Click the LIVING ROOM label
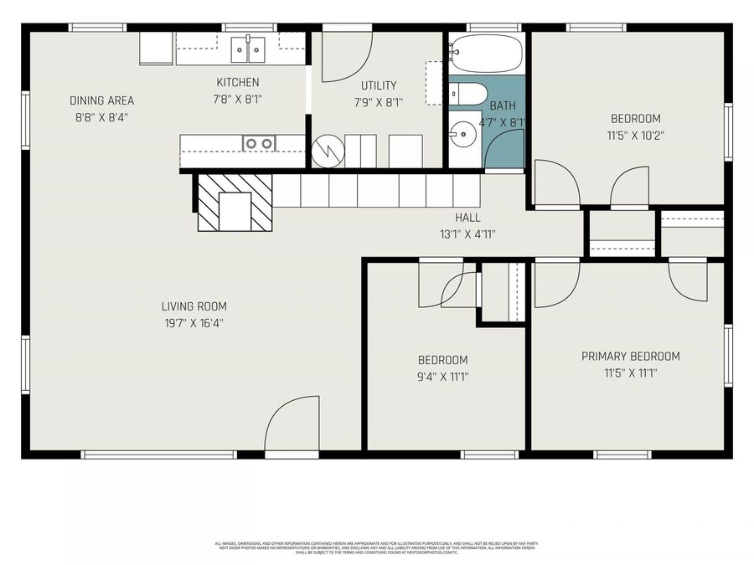(x=194, y=306)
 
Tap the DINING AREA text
(x=101, y=101)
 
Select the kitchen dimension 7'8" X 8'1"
(x=238, y=99)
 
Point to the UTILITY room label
(x=379, y=85)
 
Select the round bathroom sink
(x=461, y=132)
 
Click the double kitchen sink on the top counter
(x=248, y=49)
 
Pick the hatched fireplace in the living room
(x=235, y=202)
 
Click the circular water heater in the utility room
(x=327, y=151)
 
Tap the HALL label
(x=467, y=218)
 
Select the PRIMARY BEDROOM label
(x=630, y=357)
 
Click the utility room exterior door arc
(x=345, y=56)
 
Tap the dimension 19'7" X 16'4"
(x=194, y=322)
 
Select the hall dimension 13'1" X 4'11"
(x=467, y=234)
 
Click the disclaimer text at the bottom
(x=377, y=547)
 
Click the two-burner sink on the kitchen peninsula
(x=259, y=143)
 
